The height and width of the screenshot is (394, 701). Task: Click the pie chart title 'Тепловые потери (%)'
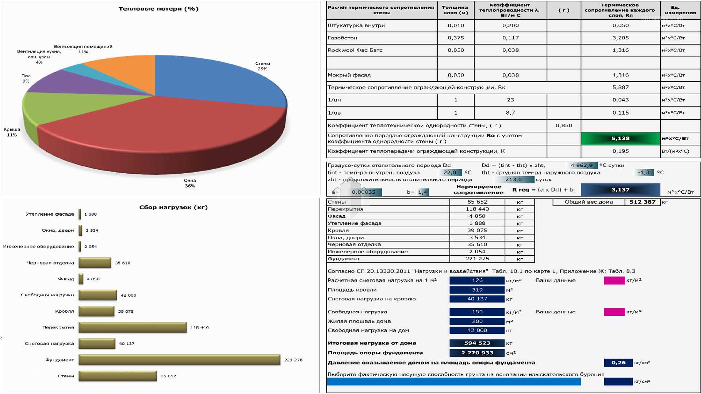tap(158, 9)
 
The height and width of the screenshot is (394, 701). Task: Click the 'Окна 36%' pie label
tap(190, 183)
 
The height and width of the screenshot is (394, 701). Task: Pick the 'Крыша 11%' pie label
tap(12, 132)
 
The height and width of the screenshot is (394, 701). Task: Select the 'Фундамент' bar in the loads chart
tap(179, 360)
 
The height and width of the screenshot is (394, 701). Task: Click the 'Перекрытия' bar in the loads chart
tap(133, 327)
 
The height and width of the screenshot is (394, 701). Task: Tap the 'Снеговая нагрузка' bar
tap(97, 344)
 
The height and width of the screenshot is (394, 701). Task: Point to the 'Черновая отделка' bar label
tap(50, 263)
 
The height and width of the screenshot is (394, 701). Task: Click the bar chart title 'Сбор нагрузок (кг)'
tap(173, 207)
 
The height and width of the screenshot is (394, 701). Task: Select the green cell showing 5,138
tap(620, 138)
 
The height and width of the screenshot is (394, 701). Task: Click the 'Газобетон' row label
tap(342, 38)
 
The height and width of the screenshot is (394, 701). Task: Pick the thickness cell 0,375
tap(456, 38)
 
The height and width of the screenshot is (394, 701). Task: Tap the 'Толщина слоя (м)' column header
tap(455, 10)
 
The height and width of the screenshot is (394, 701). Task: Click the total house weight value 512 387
tap(642, 202)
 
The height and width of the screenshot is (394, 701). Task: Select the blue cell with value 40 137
tap(477, 299)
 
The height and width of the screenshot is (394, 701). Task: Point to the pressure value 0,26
tap(618, 363)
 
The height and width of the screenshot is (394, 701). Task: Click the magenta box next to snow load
tap(614, 281)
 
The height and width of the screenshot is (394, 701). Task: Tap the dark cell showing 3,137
tap(620, 190)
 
